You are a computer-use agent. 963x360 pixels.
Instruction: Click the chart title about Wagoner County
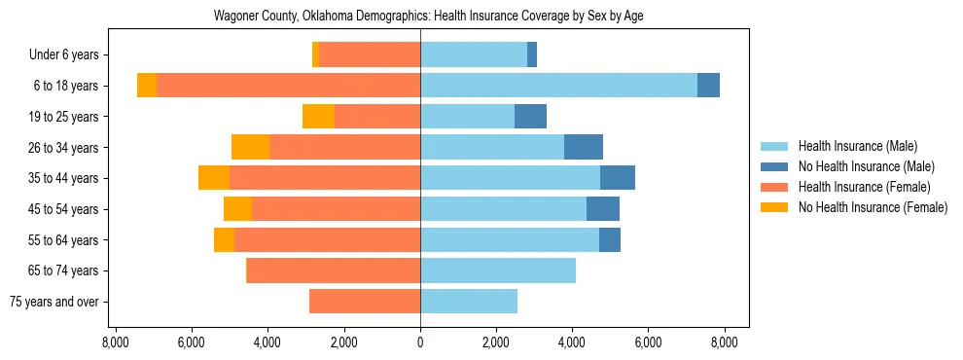point(429,17)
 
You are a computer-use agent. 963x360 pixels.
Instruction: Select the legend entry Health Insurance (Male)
point(857,146)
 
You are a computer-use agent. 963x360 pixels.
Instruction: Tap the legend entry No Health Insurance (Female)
point(873,207)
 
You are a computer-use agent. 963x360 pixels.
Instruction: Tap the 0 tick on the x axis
point(420,342)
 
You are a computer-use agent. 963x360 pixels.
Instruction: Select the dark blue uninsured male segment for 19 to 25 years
point(530,117)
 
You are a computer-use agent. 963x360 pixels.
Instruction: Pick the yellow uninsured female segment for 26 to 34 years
point(250,147)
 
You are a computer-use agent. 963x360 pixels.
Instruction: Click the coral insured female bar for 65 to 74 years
point(334,270)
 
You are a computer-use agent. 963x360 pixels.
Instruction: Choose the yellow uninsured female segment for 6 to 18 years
point(147,86)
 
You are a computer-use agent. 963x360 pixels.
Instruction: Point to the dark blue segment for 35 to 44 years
point(618,178)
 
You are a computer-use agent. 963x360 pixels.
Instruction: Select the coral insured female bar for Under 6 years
point(370,55)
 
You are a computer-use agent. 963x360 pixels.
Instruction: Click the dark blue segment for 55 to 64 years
point(610,239)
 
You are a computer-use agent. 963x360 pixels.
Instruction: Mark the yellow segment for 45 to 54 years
point(237,209)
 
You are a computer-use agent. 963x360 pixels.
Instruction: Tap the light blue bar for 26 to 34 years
point(492,147)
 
